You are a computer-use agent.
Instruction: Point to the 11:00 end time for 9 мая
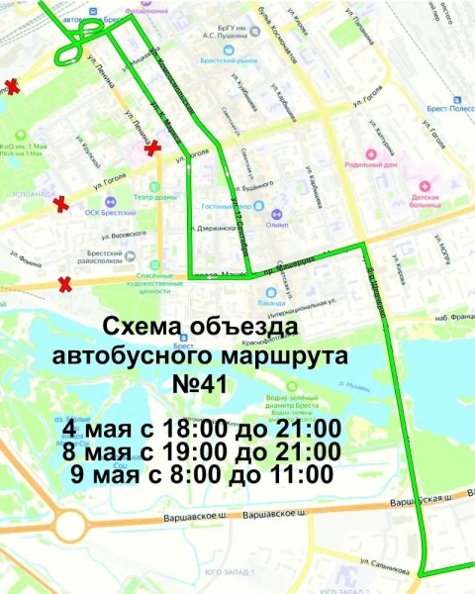point(302,474)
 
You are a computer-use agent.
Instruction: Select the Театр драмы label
point(149,196)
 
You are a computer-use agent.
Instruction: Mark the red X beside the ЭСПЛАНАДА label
point(61,204)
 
